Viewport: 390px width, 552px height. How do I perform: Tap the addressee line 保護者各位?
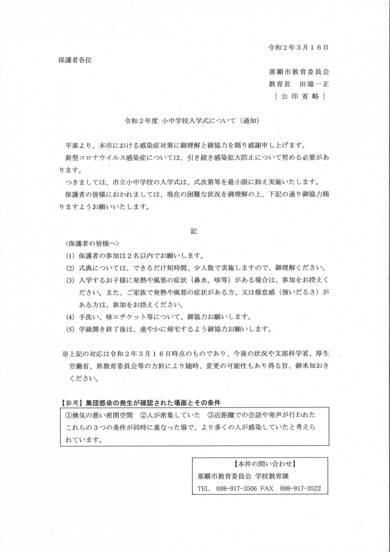click(75, 60)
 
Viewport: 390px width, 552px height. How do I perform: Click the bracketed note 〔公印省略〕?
click(299, 96)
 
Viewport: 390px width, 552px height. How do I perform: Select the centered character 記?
click(194, 232)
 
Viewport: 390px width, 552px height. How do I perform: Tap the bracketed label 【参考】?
click(71, 403)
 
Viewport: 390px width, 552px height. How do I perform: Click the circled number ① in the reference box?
click(68, 415)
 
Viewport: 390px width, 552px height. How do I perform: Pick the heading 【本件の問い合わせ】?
click(260, 464)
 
